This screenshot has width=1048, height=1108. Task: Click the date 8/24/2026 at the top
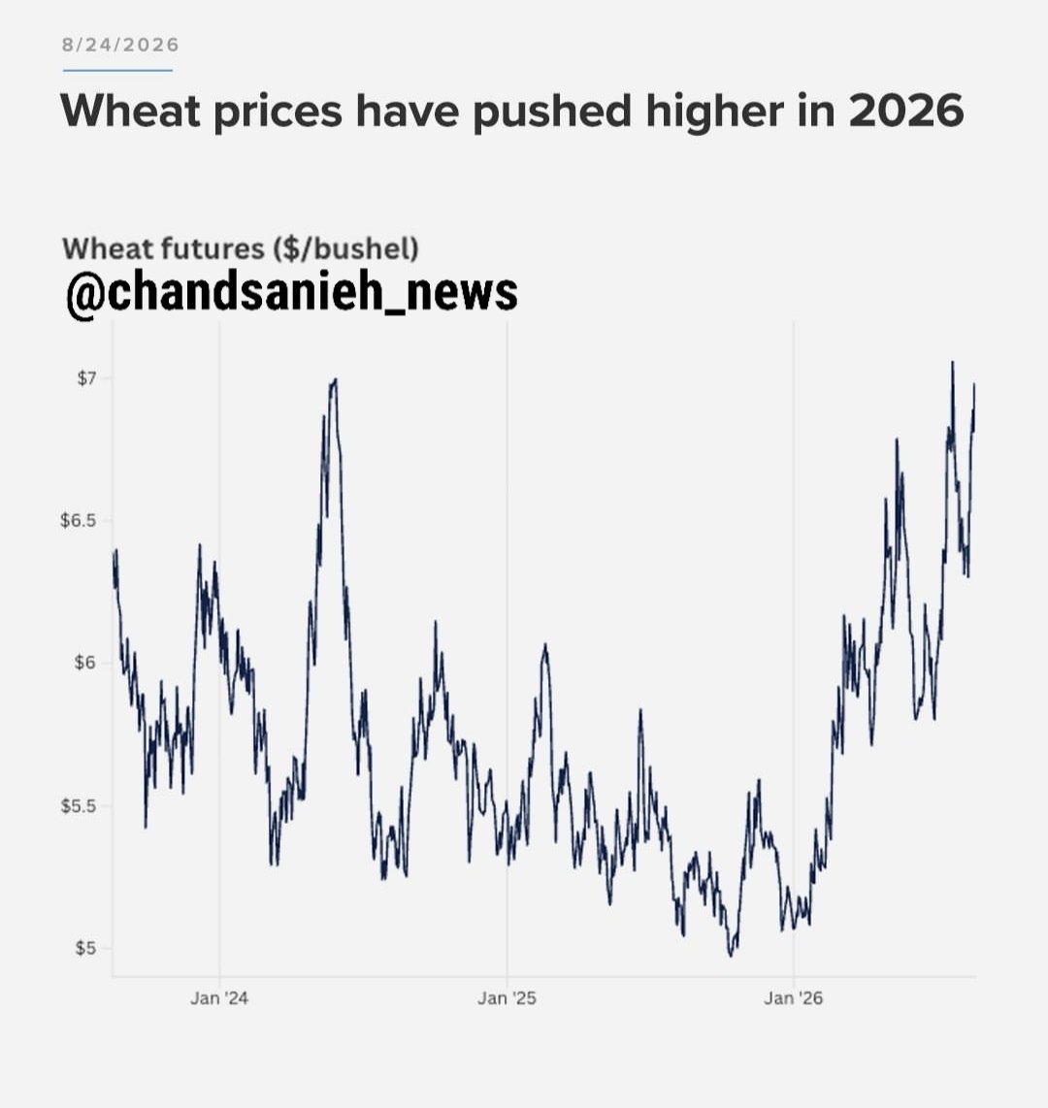[x=120, y=46]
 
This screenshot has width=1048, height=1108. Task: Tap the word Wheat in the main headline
[x=131, y=111]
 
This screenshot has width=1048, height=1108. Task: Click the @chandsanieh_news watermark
[x=292, y=293]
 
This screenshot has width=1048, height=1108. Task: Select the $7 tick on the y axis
[x=86, y=378]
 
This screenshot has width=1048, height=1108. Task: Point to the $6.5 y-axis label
[x=79, y=521]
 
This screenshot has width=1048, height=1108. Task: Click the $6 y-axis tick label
[x=85, y=664]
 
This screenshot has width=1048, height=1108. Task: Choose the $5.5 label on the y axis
[x=79, y=806]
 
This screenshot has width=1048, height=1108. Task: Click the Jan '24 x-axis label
[x=219, y=998]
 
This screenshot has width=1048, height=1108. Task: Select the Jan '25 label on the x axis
[x=507, y=998]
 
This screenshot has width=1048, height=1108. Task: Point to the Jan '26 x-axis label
[x=793, y=998]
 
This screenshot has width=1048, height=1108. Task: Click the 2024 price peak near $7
[x=335, y=380]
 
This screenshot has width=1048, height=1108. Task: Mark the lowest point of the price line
[x=731, y=956]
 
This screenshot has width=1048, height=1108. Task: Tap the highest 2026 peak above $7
[x=953, y=363]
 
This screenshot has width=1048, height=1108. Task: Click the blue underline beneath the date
[x=117, y=70]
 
